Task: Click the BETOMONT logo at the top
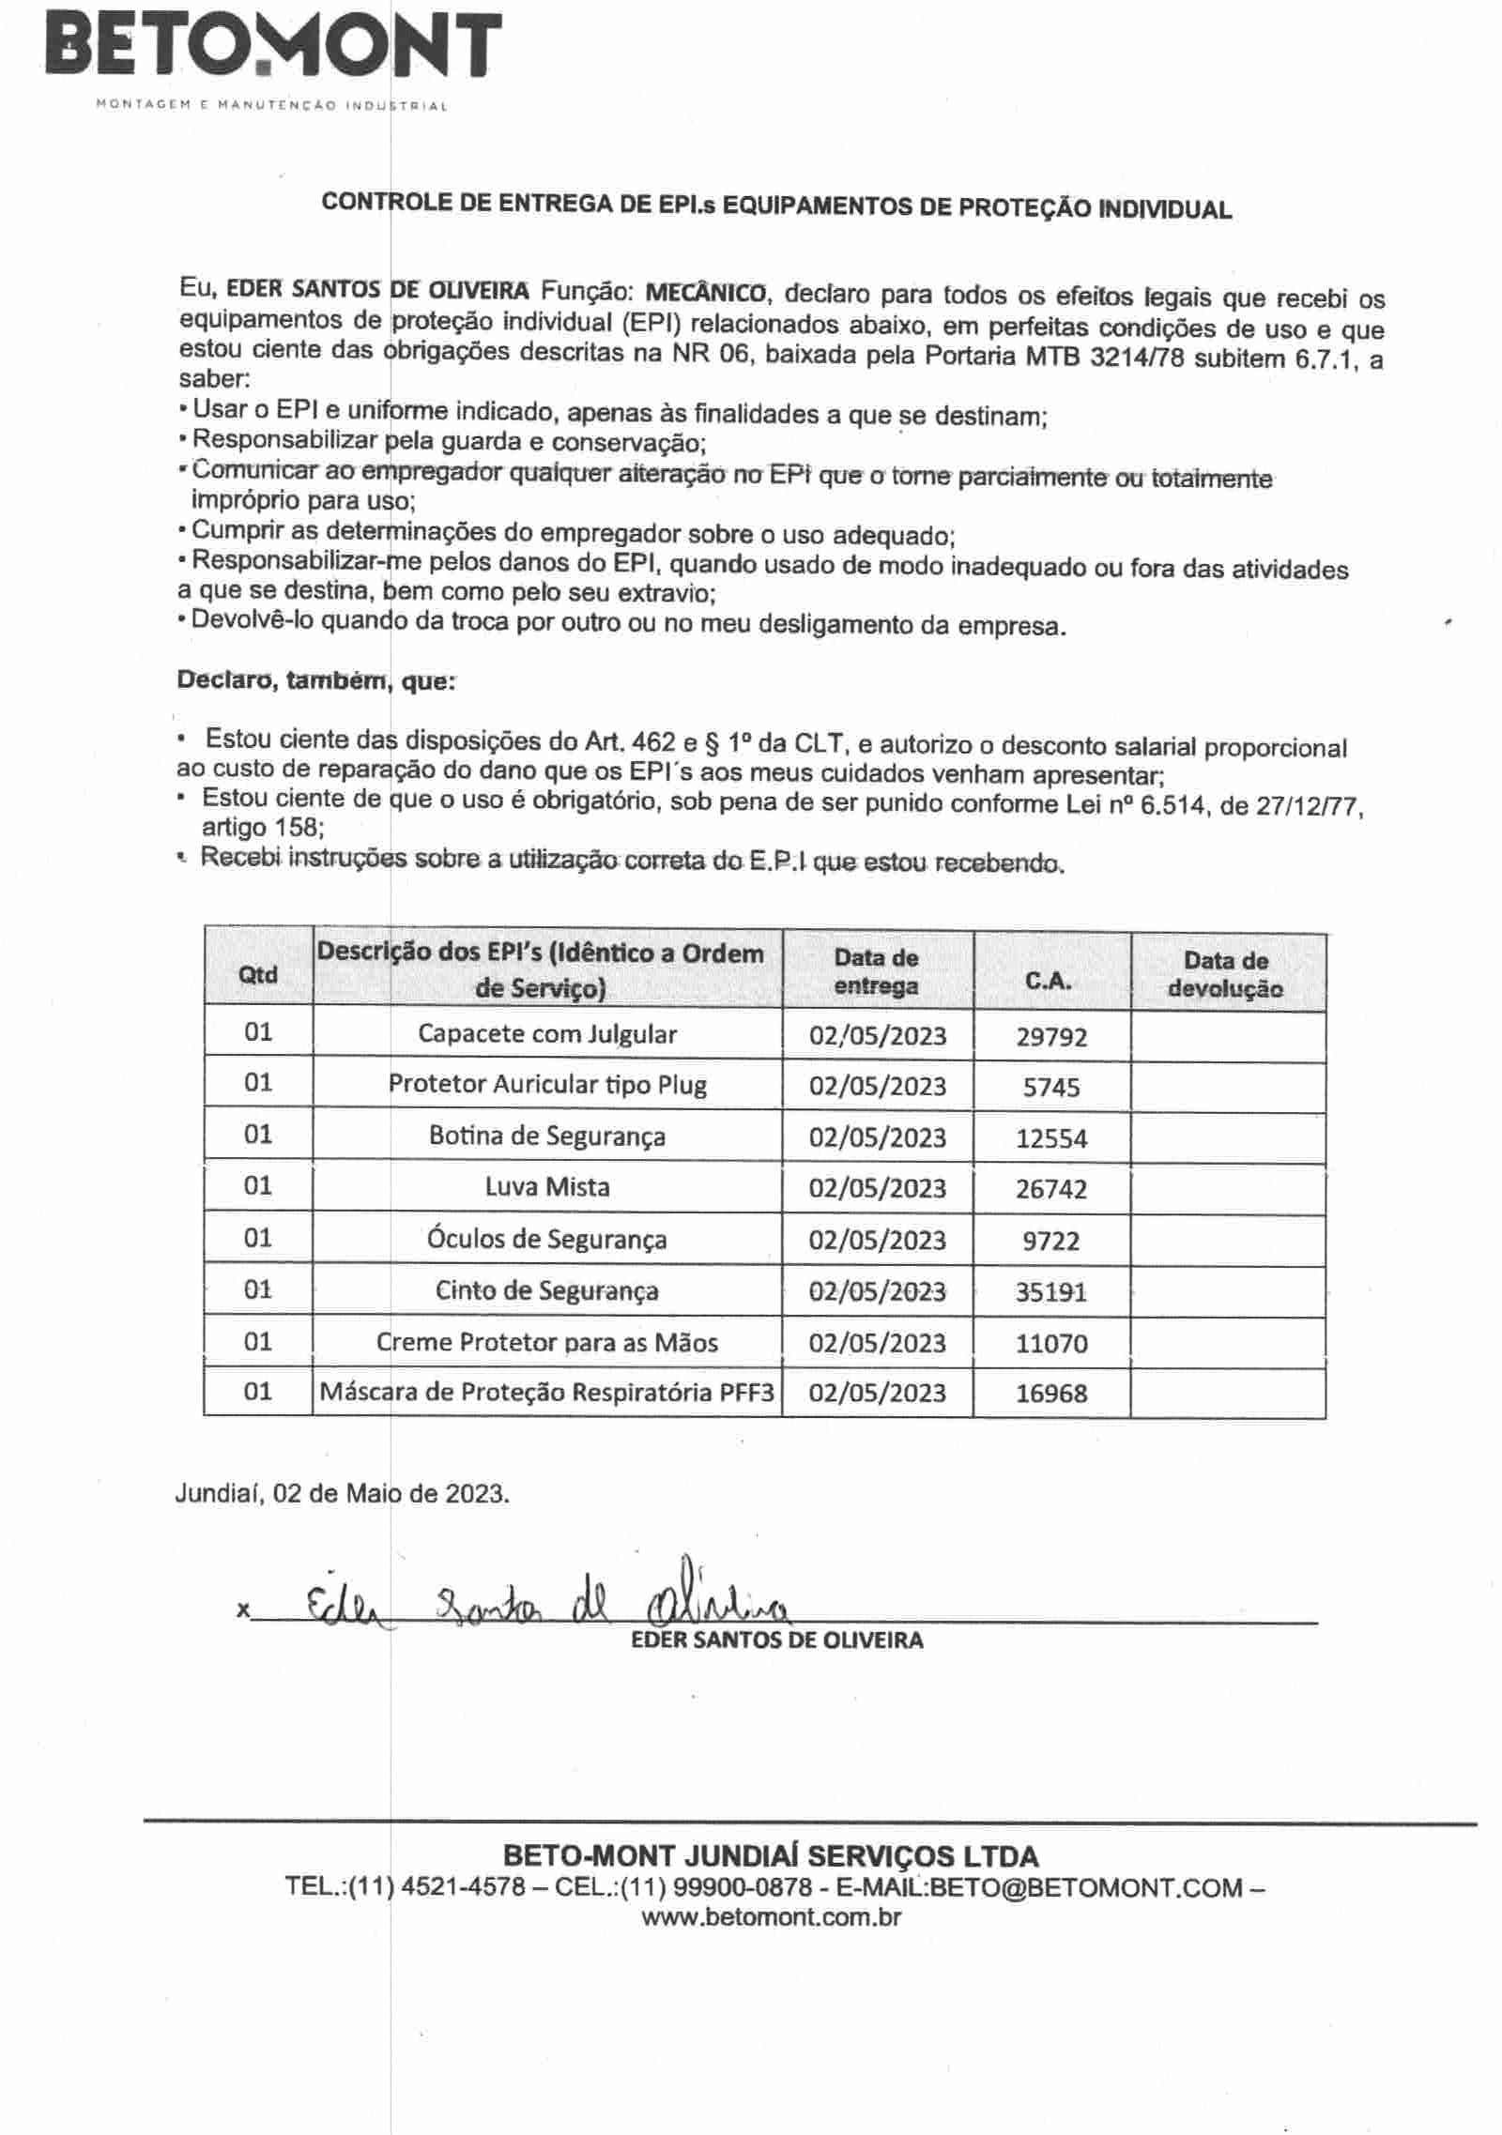pyautogui.click(x=272, y=47)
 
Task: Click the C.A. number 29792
pyautogui.click(x=1051, y=1036)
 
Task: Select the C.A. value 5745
pyautogui.click(x=1051, y=1087)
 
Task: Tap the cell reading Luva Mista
pyautogui.click(x=547, y=1187)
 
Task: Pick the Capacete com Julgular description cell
pyautogui.click(x=547, y=1034)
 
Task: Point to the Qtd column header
pyautogui.click(x=258, y=974)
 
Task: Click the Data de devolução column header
pyautogui.click(x=1226, y=974)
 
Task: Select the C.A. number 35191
pyautogui.click(x=1051, y=1292)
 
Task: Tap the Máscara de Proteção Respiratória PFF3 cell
pyautogui.click(x=547, y=1392)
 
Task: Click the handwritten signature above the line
pyautogui.click(x=544, y=1605)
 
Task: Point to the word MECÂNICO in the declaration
pyautogui.click(x=706, y=292)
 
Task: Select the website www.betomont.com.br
pyautogui.click(x=772, y=1916)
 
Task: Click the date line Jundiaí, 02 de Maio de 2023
pyautogui.click(x=343, y=1493)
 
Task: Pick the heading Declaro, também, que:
pyautogui.click(x=316, y=681)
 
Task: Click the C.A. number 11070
pyautogui.click(x=1051, y=1343)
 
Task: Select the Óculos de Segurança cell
pyautogui.click(x=547, y=1239)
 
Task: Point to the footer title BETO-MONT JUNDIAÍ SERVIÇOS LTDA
pyautogui.click(x=771, y=1855)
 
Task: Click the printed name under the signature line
pyautogui.click(x=777, y=1640)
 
